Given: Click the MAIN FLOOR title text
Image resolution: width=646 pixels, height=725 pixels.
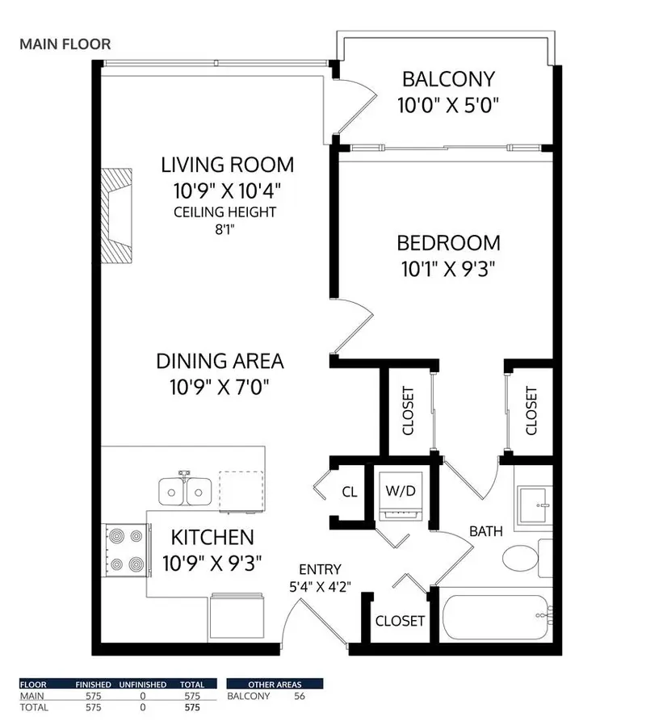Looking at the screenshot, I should click(65, 44).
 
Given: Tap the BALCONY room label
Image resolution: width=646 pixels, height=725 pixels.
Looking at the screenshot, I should click(448, 80).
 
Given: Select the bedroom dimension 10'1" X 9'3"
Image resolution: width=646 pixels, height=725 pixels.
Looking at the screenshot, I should click(448, 269).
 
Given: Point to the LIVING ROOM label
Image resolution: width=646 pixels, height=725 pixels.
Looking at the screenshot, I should click(227, 166).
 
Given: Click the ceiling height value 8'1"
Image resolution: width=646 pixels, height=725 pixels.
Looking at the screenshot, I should click(226, 229).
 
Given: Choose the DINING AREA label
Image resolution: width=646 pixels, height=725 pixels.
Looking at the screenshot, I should click(220, 362).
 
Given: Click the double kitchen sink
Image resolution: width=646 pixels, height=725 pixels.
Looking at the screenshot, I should click(185, 490).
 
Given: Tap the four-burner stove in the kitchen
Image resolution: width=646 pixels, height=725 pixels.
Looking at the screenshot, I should click(124, 549).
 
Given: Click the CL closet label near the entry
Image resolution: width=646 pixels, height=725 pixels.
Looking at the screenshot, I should click(350, 491).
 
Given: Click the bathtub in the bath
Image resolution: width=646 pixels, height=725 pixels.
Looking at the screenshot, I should click(495, 619).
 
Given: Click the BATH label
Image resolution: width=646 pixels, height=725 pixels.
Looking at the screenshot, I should click(487, 531).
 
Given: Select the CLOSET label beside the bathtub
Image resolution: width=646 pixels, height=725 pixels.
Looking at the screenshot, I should click(401, 621).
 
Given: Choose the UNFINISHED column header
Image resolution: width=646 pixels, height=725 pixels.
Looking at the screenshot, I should click(144, 685).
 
